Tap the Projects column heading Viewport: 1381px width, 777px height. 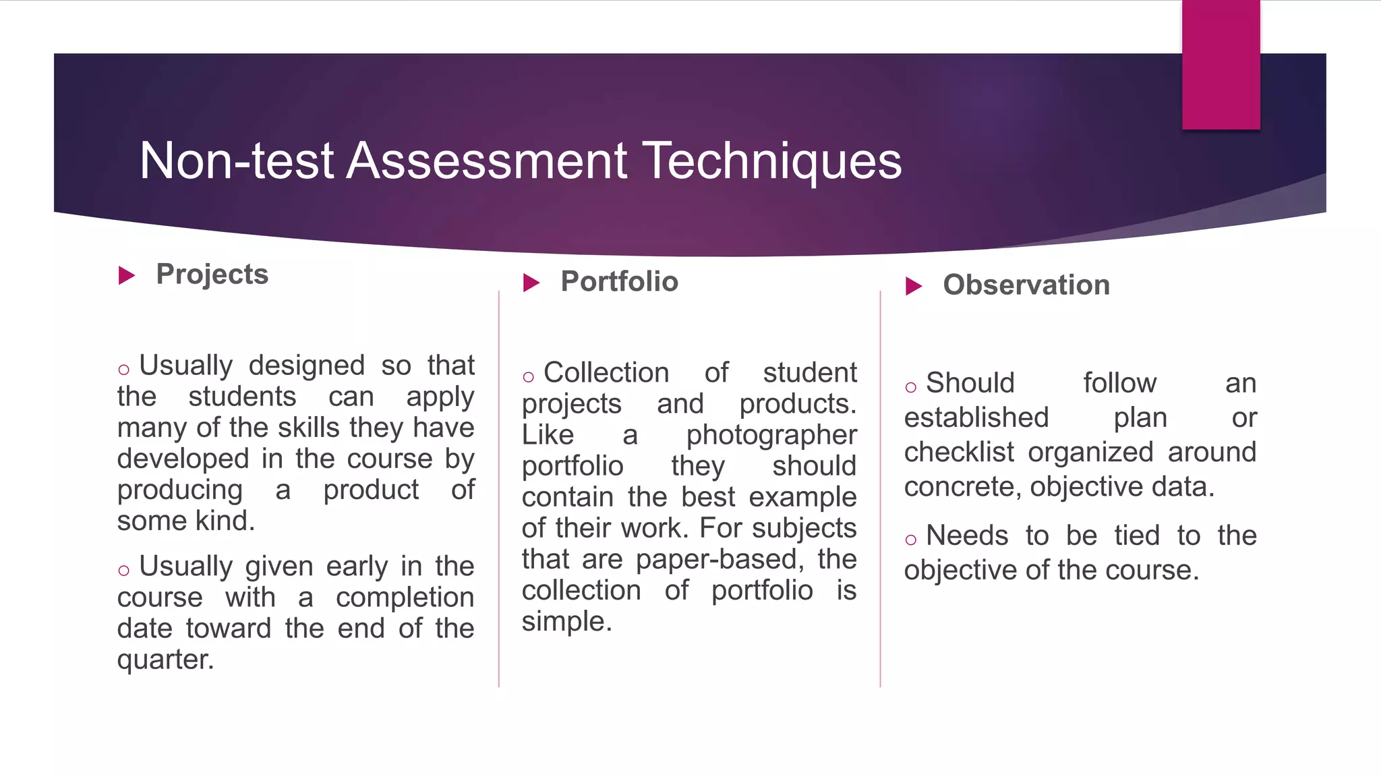coord(212,274)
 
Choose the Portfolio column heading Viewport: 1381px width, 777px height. coord(619,281)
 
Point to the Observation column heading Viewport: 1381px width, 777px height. coord(1026,285)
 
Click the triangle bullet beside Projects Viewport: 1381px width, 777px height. coord(127,275)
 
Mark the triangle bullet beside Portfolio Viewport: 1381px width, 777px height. coord(531,283)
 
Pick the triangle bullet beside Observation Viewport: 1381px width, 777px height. coord(914,286)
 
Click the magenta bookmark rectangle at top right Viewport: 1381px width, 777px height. coord(1221,65)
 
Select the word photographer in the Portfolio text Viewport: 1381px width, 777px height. coord(771,435)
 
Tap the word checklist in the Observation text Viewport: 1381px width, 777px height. coord(958,452)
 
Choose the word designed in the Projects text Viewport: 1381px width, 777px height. coord(306,366)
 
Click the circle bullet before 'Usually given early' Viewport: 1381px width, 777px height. coord(123,571)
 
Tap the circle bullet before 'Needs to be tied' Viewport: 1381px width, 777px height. coord(911,540)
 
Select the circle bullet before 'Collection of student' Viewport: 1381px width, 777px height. coord(528,376)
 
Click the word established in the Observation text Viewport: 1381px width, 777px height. coord(976,418)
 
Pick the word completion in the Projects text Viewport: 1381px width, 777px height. coord(405,598)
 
